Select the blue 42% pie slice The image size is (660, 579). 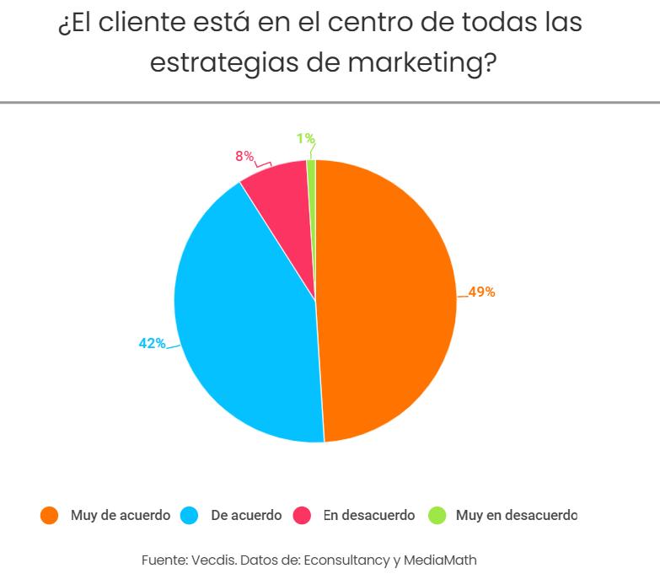[x=244, y=329]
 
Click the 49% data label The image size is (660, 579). [x=481, y=292]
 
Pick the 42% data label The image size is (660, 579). [x=152, y=343]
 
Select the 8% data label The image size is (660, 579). [x=244, y=156]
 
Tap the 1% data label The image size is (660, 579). [x=305, y=138]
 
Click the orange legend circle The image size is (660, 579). [x=50, y=515]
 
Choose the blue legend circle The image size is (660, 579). [x=189, y=515]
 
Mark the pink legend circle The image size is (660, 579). [x=301, y=515]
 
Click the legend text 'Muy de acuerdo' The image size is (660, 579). [x=120, y=515]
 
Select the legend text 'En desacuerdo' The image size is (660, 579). [x=369, y=515]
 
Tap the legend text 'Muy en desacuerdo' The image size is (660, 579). [x=516, y=515]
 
